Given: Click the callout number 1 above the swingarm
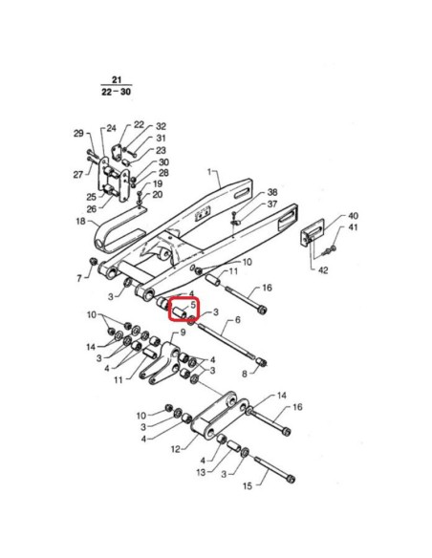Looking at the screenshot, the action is coord(209,172).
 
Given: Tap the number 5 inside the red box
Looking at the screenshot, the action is coord(193,305).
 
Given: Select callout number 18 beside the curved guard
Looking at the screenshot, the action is coord(81,221).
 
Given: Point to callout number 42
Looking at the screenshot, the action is coord(323,270).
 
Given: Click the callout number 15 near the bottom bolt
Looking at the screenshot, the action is coord(248,485).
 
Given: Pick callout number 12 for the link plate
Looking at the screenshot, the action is coord(176,449).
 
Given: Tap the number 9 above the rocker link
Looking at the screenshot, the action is coord(183,333).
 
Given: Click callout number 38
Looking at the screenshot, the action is coord(272,192).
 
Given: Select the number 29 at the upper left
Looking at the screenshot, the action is coord(78,134).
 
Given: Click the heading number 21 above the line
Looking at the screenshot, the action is coord(117,80).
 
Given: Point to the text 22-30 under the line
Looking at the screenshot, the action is coord(116,92).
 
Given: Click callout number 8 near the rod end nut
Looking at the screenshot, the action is coord(245,374).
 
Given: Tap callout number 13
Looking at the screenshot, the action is coord(201,473).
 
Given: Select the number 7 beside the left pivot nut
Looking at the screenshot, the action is coord(79,278).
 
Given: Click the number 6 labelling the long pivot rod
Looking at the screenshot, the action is coord(238,319).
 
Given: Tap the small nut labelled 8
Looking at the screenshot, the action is coord(262,363).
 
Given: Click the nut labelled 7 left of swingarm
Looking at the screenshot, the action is coord(94,261).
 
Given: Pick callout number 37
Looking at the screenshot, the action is coord(272,204).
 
